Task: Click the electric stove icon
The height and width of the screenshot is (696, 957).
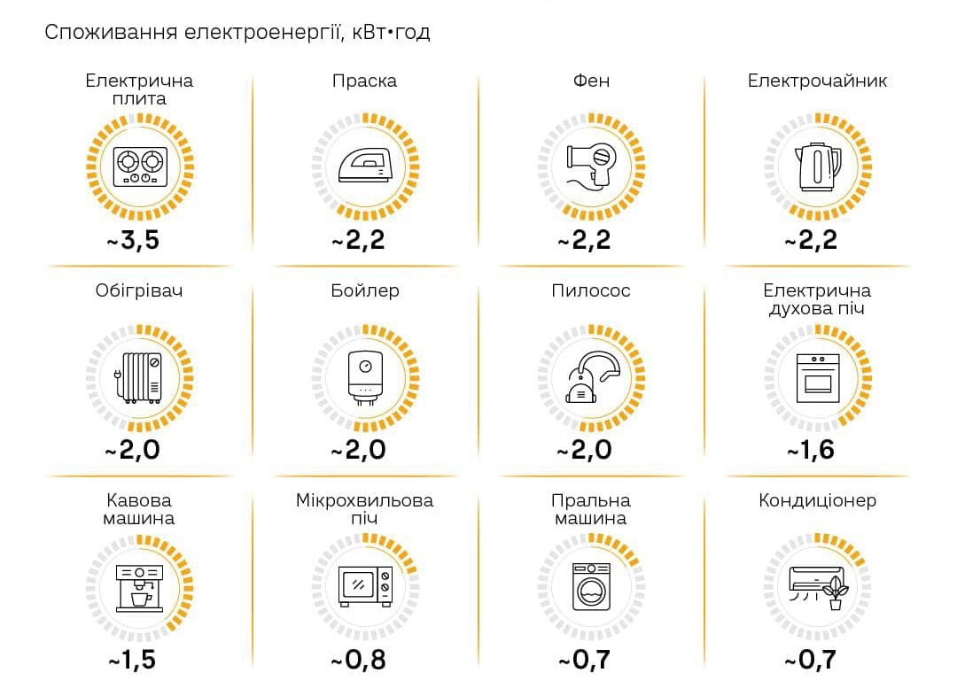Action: pyautogui.click(x=140, y=166)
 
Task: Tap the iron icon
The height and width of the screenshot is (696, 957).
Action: pyautogui.click(x=365, y=166)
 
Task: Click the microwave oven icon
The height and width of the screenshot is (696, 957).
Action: pyautogui.click(x=365, y=585)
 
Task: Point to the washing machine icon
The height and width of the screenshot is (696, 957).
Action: pyautogui.click(x=591, y=585)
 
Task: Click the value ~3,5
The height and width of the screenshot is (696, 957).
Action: pyautogui.click(x=134, y=240)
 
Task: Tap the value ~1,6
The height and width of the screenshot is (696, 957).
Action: pyautogui.click(x=811, y=450)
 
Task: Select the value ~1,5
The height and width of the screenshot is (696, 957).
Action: pyautogui.click(x=133, y=660)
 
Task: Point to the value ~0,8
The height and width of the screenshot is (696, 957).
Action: pyautogui.click(x=359, y=660)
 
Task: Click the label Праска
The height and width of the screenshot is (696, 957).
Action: pyautogui.click(x=364, y=81)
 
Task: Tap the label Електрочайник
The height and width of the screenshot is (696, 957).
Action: pyautogui.click(x=817, y=81)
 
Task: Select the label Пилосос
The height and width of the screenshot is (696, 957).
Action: pyautogui.click(x=591, y=290)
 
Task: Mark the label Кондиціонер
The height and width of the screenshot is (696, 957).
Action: pyautogui.click(x=817, y=500)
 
